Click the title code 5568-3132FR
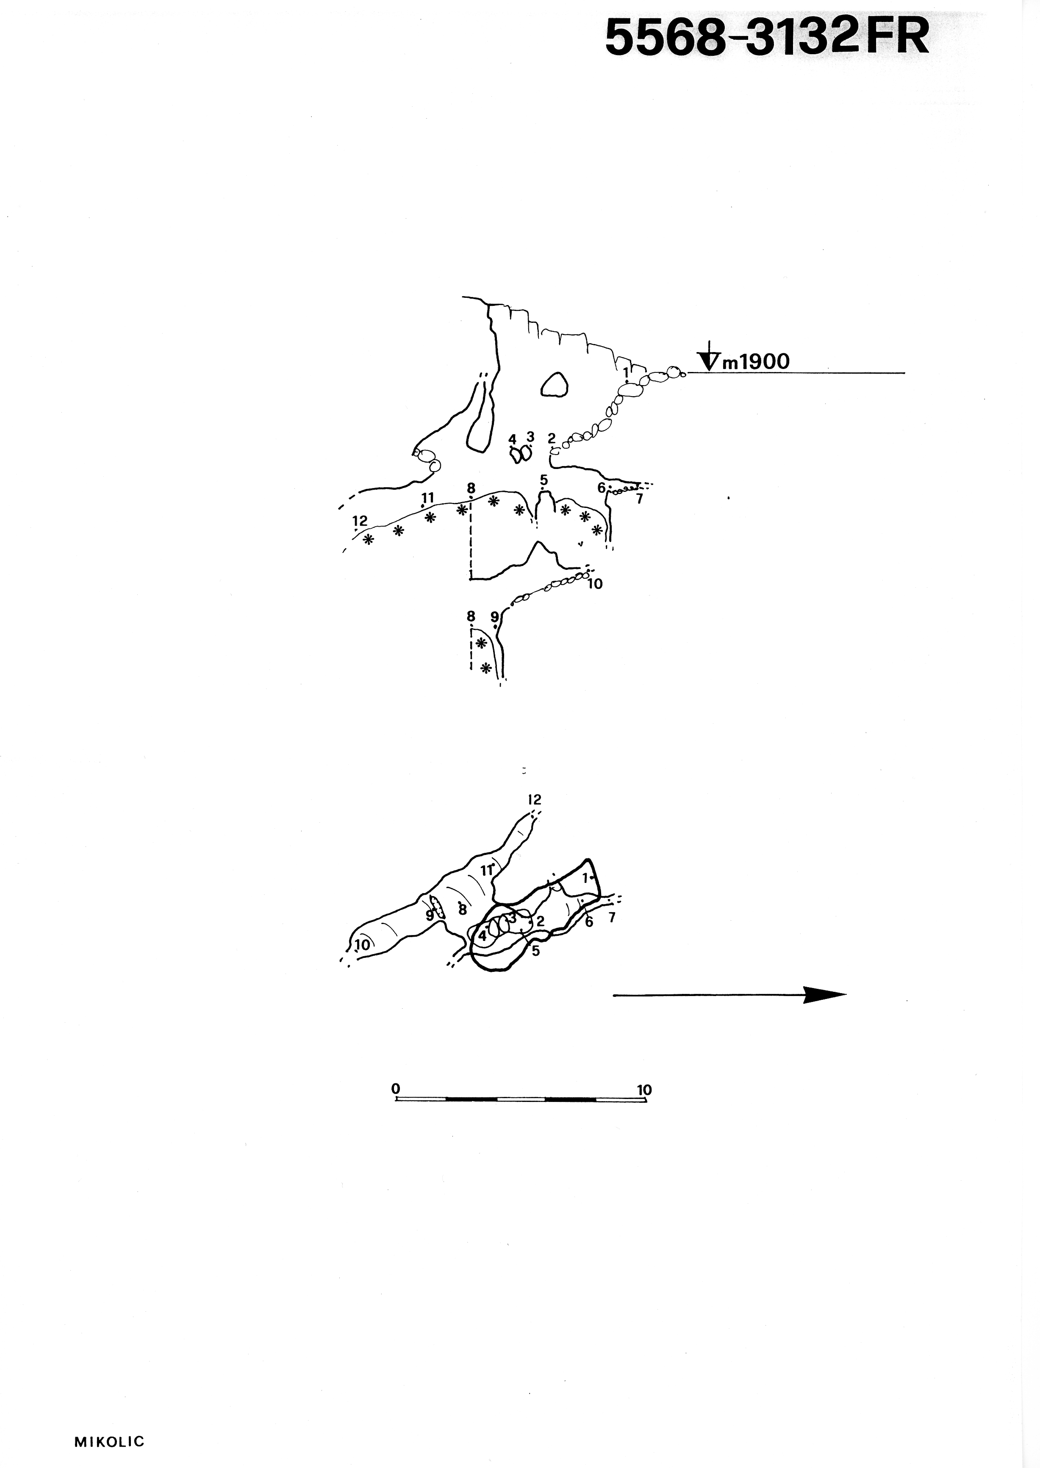click(x=767, y=37)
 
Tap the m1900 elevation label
click(x=756, y=362)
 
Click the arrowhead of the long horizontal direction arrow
click(x=825, y=995)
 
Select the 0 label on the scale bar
click(x=396, y=1088)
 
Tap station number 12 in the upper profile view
click(x=360, y=521)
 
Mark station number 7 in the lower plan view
click(x=612, y=918)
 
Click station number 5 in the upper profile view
click(x=544, y=479)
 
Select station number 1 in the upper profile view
click(x=626, y=372)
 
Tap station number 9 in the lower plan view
click(x=430, y=915)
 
